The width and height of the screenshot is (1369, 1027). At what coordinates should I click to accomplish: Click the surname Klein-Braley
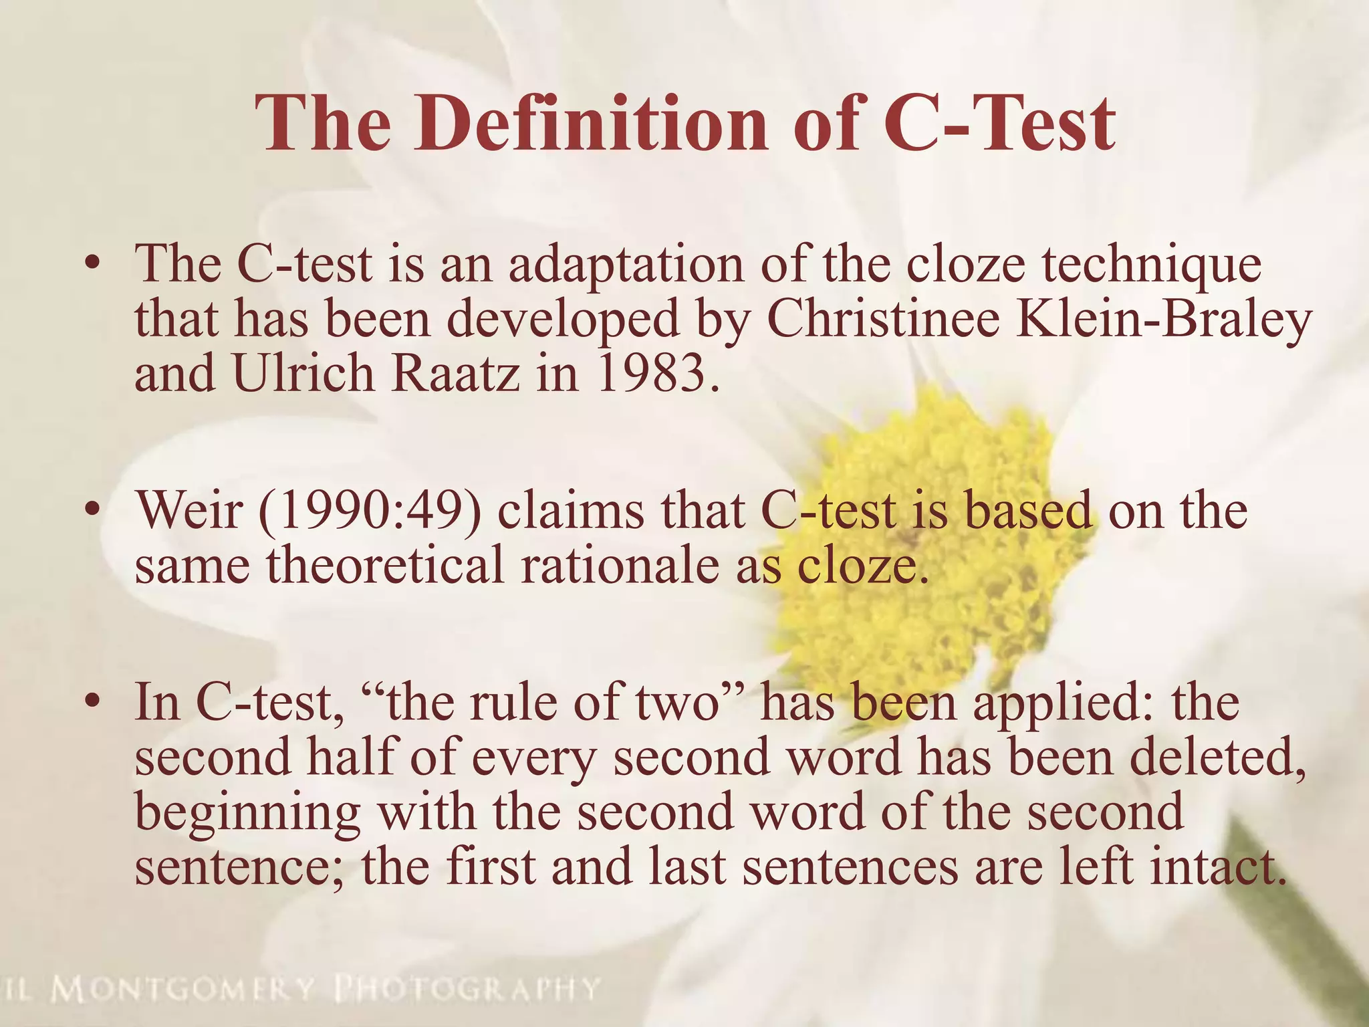pos(1162,320)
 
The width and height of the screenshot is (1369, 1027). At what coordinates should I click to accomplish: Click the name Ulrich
pos(303,373)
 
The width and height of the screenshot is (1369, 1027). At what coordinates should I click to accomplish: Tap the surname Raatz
pos(455,373)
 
